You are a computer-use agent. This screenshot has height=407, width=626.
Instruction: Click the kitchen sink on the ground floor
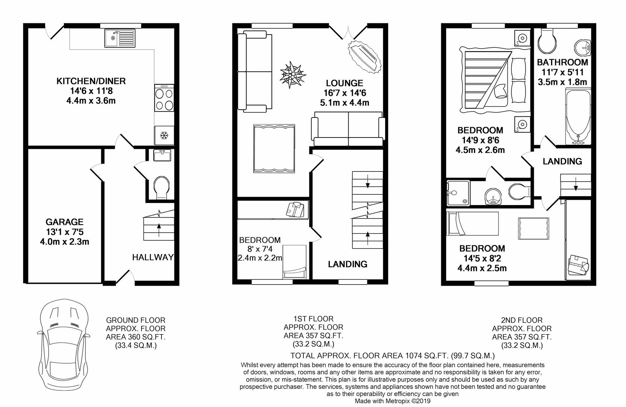[x=120, y=38]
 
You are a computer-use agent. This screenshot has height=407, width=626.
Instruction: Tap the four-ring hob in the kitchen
[x=164, y=98]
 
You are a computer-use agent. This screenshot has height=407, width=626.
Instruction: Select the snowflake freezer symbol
[x=164, y=136]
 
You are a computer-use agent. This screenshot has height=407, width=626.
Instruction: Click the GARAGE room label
[x=64, y=222]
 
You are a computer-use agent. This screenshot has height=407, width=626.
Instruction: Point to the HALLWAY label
[x=153, y=257]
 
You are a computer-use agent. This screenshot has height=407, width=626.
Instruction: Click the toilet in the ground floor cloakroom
[x=161, y=187]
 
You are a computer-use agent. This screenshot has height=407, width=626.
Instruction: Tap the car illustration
[x=64, y=344]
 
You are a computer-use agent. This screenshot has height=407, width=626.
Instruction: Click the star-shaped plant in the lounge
[x=292, y=75]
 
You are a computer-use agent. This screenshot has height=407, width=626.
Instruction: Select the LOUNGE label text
[x=344, y=83]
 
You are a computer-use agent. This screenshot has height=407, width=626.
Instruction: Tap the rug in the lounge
[x=274, y=148]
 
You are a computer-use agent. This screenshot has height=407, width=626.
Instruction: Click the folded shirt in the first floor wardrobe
[x=295, y=210]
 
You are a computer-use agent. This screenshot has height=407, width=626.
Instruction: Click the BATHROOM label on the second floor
[x=562, y=62]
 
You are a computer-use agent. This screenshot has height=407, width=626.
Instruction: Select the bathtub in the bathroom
[x=578, y=116]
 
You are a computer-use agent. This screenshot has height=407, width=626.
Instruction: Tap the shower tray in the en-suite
[x=458, y=193]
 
